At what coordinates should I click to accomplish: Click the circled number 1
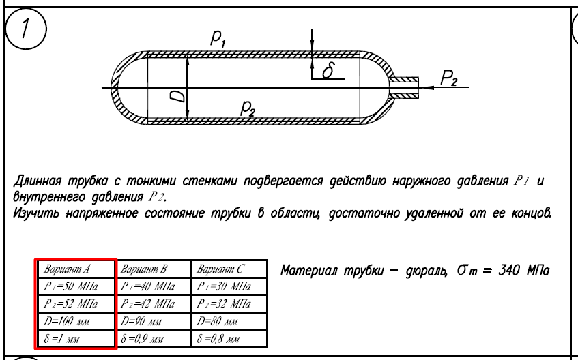(x=25, y=29)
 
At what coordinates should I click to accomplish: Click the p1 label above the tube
(x=218, y=38)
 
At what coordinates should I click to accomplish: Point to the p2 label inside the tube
(x=248, y=108)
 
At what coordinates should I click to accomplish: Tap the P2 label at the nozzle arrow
(x=449, y=78)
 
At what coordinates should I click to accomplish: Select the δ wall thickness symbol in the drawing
(x=328, y=70)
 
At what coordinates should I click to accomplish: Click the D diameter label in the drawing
(x=177, y=96)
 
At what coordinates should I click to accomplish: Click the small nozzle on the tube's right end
(x=405, y=88)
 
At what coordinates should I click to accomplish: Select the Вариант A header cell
(x=76, y=269)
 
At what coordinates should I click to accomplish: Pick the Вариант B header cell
(x=153, y=269)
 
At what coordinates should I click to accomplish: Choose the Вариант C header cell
(x=229, y=269)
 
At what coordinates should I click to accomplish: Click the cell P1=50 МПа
(x=76, y=286)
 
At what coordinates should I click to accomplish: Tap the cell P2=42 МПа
(x=153, y=303)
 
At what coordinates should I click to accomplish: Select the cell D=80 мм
(x=229, y=321)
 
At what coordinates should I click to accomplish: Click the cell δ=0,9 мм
(x=153, y=339)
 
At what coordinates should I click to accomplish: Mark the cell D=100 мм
(x=76, y=321)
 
